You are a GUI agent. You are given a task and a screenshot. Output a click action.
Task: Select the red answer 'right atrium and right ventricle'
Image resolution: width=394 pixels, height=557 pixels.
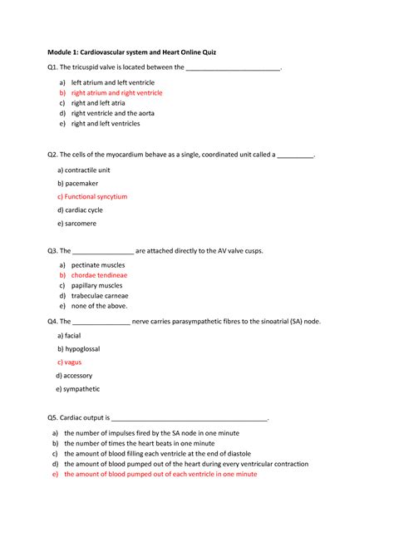pyautogui.click(x=116, y=93)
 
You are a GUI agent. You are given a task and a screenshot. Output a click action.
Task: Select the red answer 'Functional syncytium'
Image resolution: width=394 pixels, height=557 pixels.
pyautogui.click(x=96, y=197)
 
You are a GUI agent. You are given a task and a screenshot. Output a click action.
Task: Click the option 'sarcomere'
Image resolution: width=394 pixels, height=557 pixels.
pyautogui.click(x=80, y=224)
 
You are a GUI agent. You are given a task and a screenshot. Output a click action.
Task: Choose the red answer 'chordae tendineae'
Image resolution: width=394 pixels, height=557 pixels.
pyautogui.click(x=99, y=274)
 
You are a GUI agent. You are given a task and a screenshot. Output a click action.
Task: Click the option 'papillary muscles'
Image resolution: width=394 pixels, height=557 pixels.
pyautogui.click(x=96, y=285)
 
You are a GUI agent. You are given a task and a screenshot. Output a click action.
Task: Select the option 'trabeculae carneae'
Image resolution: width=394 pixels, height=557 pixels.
pyautogui.click(x=100, y=295)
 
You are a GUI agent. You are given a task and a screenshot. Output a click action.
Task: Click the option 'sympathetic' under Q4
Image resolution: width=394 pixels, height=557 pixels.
pyautogui.click(x=81, y=388)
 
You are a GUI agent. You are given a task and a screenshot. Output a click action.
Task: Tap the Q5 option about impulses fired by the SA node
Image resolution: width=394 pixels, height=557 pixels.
pyautogui.click(x=151, y=433)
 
